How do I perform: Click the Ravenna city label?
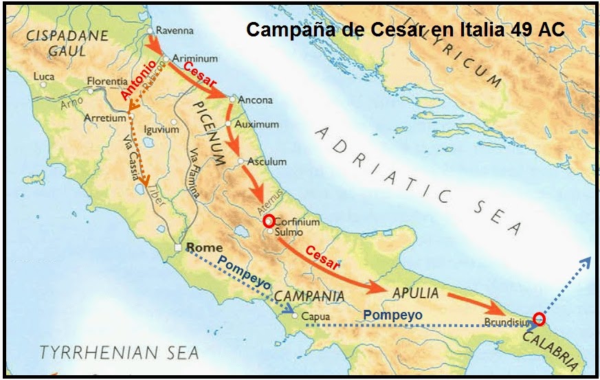click(175, 31)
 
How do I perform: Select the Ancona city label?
click(254, 100)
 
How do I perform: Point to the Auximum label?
click(256, 125)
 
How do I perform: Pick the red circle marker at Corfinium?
click(269, 221)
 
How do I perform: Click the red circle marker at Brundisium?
click(539, 319)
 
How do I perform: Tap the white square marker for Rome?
click(177, 248)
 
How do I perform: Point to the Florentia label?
click(108, 82)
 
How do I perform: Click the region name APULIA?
click(414, 293)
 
